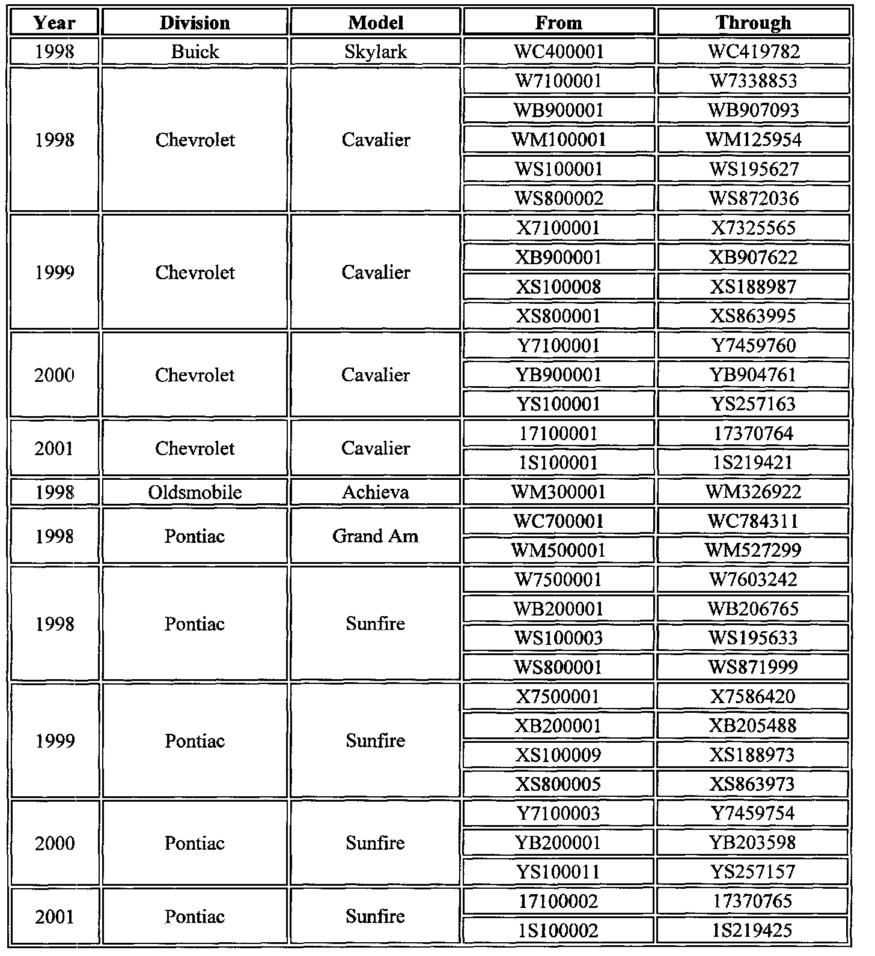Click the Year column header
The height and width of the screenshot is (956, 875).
(54, 23)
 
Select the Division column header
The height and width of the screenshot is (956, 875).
(195, 23)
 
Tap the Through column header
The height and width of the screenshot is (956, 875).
(754, 23)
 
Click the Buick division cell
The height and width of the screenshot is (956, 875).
(195, 52)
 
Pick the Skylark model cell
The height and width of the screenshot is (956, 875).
(376, 52)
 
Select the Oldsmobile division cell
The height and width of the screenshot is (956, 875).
(195, 492)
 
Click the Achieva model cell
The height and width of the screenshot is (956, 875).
(376, 492)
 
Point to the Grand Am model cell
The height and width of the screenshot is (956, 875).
(376, 536)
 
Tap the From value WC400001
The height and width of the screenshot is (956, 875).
(558, 52)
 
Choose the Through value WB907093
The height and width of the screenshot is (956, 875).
(754, 110)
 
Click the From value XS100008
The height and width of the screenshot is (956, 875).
(558, 287)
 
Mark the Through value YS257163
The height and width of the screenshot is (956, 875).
(754, 404)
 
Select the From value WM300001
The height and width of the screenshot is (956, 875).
(558, 492)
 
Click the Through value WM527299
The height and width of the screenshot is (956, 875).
(754, 550)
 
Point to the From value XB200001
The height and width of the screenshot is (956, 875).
(558, 726)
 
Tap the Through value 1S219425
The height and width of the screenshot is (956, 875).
(754, 931)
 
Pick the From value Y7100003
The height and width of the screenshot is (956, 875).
(558, 814)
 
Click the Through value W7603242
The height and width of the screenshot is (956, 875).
(754, 579)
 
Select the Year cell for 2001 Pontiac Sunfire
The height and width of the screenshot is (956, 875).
(54, 916)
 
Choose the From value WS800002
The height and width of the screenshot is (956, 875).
(558, 199)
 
